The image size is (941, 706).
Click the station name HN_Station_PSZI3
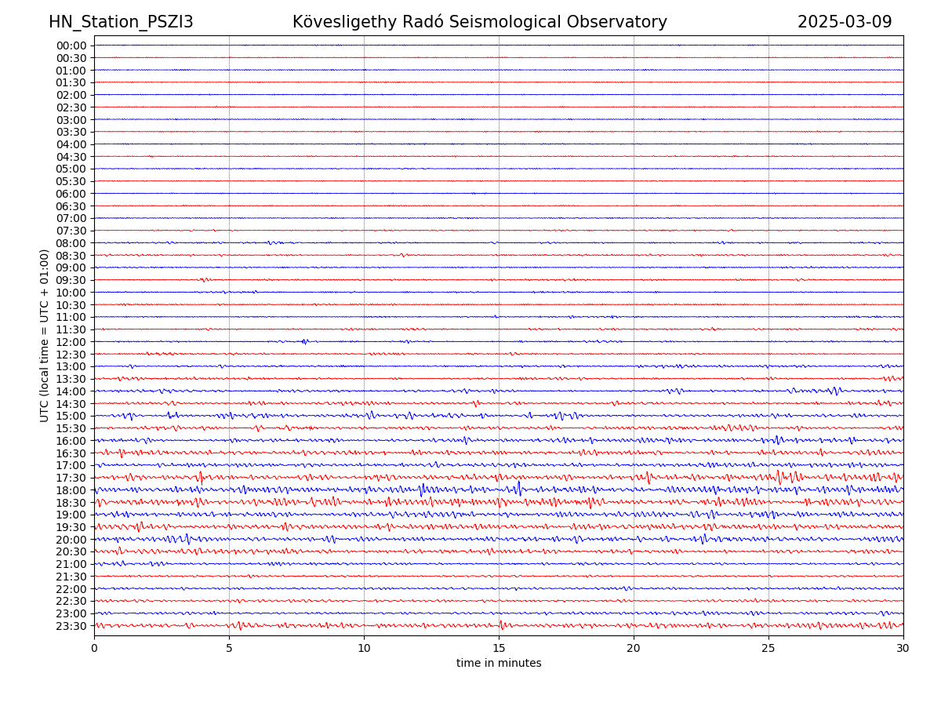(x=121, y=22)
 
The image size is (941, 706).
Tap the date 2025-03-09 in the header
(x=845, y=22)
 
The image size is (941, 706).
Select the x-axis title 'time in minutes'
(x=499, y=663)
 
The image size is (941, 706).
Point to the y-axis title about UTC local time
(x=45, y=335)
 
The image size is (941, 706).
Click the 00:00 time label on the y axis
(x=71, y=45)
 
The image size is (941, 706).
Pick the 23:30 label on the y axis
(x=71, y=626)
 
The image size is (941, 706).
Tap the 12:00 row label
(x=71, y=342)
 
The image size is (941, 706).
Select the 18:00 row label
(x=71, y=490)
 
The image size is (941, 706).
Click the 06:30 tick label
(x=71, y=206)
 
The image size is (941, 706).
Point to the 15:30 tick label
(x=71, y=428)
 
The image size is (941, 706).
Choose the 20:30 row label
(x=71, y=551)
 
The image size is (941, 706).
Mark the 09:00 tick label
(x=71, y=267)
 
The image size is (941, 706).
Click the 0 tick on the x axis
(x=94, y=649)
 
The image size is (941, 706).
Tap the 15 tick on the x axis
(x=499, y=649)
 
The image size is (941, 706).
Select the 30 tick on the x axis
(x=903, y=649)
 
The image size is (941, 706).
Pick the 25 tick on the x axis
(x=768, y=649)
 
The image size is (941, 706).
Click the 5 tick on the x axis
(x=229, y=649)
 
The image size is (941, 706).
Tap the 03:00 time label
(x=71, y=119)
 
